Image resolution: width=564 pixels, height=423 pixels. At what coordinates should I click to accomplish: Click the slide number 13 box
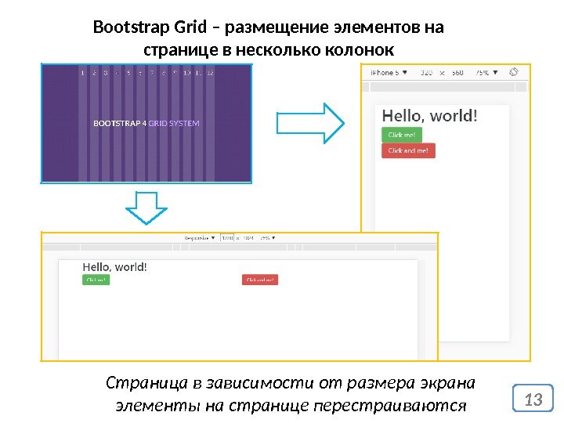pos(533,399)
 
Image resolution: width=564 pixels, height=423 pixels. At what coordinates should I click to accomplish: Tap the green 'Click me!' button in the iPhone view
pos(401,135)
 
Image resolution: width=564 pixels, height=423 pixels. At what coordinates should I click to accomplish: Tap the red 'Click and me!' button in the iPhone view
pos(407,150)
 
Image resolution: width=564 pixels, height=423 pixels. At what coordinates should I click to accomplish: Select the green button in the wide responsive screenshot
pos(96,280)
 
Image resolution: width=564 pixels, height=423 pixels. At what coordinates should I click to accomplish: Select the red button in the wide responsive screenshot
pos(261,280)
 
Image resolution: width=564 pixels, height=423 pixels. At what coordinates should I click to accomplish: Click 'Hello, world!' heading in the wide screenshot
pos(114,266)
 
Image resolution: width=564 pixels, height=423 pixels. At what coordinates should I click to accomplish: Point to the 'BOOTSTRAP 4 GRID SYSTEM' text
pos(146,123)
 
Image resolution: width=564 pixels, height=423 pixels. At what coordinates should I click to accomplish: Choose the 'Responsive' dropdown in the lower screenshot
pos(200,237)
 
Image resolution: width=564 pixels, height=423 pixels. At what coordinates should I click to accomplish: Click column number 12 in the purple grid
pos(210,73)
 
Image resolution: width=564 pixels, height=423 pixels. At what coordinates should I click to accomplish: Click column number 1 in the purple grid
pos(81,73)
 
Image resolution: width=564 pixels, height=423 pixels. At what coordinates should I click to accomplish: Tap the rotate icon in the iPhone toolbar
pos(514,71)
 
